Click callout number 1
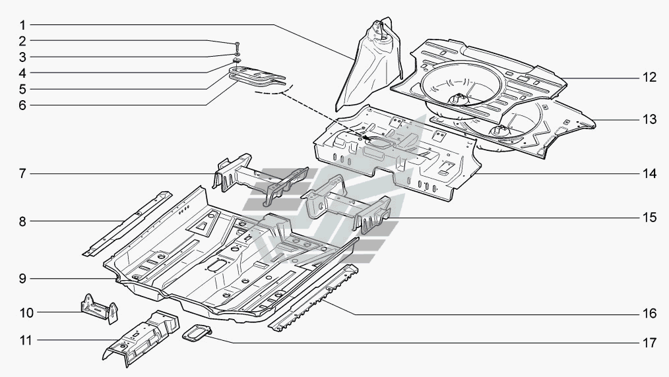click(22, 25)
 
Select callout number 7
click(22, 175)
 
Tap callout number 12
click(649, 78)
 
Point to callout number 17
click(649, 343)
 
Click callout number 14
click(649, 175)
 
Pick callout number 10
click(22, 311)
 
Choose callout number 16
click(649, 312)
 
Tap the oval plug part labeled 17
click(197, 335)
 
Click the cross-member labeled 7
click(261, 175)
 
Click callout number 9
click(22, 279)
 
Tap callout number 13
click(649, 120)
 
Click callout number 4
click(22, 72)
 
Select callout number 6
click(22, 104)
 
